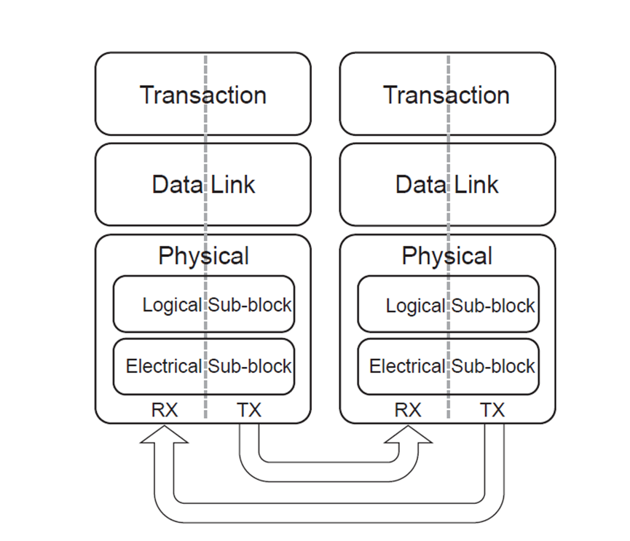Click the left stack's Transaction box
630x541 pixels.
pyautogui.click(x=202, y=95)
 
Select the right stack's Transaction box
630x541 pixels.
pyautogui.click(x=446, y=95)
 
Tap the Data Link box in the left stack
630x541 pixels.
pyautogui.click(x=202, y=184)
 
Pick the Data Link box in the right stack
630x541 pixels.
pyautogui.click(x=446, y=184)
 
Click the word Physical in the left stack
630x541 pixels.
pyautogui.click(x=203, y=256)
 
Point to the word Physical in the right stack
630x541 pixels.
pyautogui.click(x=446, y=256)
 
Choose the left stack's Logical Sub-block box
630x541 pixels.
pyautogui.click(x=204, y=304)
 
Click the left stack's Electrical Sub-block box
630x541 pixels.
pyautogui.click(x=204, y=366)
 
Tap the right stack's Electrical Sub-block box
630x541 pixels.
pyautogui.click(x=448, y=366)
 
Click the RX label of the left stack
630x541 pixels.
pyautogui.click(x=164, y=410)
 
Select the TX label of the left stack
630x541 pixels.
pyautogui.click(x=248, y=410)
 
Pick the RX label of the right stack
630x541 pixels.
pyautogui.click(x=408, y=410)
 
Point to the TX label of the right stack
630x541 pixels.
pyautogui.click(x=492, y=410)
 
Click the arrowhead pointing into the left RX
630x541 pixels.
pyautogui.click(x=164, y=435)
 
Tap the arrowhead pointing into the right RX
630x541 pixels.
pyautogui.click(x=408, y=435)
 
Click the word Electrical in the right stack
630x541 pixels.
pyautogui.click(x=406, y=366)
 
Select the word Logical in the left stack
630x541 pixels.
pyautogui.click(x=172, y=305)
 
